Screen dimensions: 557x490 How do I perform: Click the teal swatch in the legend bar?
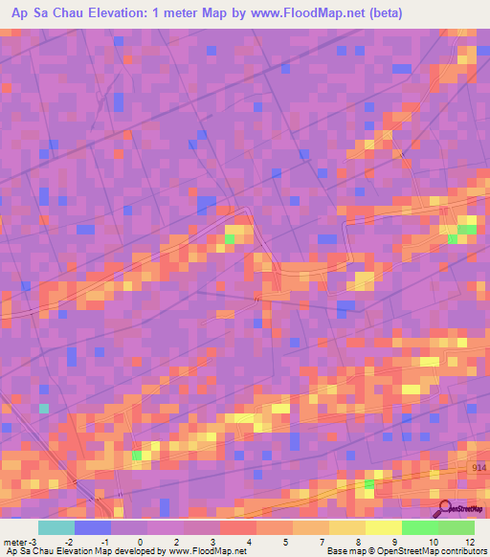pos(56,527)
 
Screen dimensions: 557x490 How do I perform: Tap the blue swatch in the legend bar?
pos(93,527)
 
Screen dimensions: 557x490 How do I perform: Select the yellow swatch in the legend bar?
pos(384,527)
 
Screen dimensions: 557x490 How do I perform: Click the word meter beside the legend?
pos(14,542)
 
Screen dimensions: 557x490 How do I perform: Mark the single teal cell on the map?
pos(43,409)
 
